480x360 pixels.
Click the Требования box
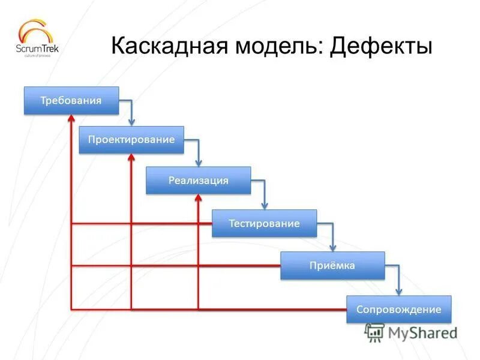click(x=71, y=100)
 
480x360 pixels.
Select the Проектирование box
click(x=131, y=140)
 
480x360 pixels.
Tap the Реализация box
click(x=198, y=180)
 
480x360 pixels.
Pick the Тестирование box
click(x=264, y=223)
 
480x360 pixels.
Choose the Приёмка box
click(x=332, y=265)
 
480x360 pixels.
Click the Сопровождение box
click(x=398, y=310)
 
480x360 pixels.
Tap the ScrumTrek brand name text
click(x=38, y=49)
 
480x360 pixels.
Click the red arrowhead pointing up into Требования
click(x=71, y=121)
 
